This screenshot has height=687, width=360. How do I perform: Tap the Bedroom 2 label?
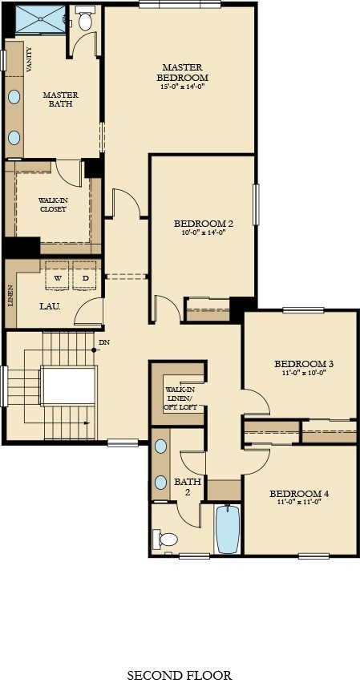203,223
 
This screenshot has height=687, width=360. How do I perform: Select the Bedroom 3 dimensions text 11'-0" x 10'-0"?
303,373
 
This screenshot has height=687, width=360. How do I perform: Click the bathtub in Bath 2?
228,529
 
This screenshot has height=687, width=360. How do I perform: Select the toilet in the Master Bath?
84,22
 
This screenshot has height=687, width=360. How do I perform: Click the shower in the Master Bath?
38,20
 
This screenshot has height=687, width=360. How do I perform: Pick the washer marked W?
57,278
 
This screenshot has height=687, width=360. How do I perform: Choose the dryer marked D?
85,278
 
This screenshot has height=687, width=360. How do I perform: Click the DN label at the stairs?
103,343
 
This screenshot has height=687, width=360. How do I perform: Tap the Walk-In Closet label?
52,204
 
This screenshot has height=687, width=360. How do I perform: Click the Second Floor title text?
180,675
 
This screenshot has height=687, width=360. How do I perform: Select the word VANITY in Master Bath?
29,61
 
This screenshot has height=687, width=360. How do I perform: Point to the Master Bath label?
60,99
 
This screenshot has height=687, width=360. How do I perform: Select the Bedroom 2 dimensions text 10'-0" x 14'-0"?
203,232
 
